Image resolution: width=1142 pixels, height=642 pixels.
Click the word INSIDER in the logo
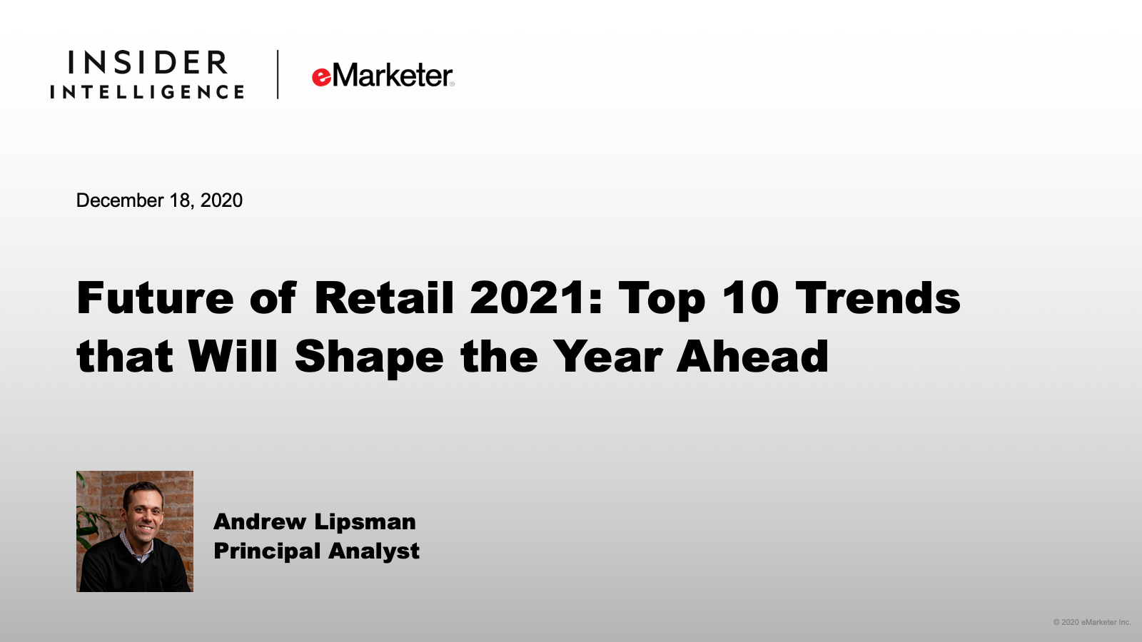coord(147,63)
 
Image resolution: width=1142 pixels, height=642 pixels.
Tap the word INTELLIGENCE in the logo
coord(147,92)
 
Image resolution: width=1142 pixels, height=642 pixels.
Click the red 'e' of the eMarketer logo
coord(321,77)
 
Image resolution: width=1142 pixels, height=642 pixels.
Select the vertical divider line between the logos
coord(278,74)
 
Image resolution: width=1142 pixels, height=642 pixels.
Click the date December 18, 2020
coord(159,200)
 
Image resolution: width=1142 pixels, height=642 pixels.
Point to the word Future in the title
coord(155,298)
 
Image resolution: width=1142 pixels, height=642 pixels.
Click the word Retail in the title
coord(383,297)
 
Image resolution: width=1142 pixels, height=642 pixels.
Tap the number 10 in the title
coord(749,297)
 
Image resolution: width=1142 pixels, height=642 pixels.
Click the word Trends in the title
coord(878,297)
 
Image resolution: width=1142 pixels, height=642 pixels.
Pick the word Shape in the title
coord(369,358)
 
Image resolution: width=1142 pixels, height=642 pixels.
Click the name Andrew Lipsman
coord(315,521)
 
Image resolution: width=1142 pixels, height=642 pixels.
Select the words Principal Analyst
coord(317,551)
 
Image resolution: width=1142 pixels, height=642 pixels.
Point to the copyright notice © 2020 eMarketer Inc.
coord(1092,622)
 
